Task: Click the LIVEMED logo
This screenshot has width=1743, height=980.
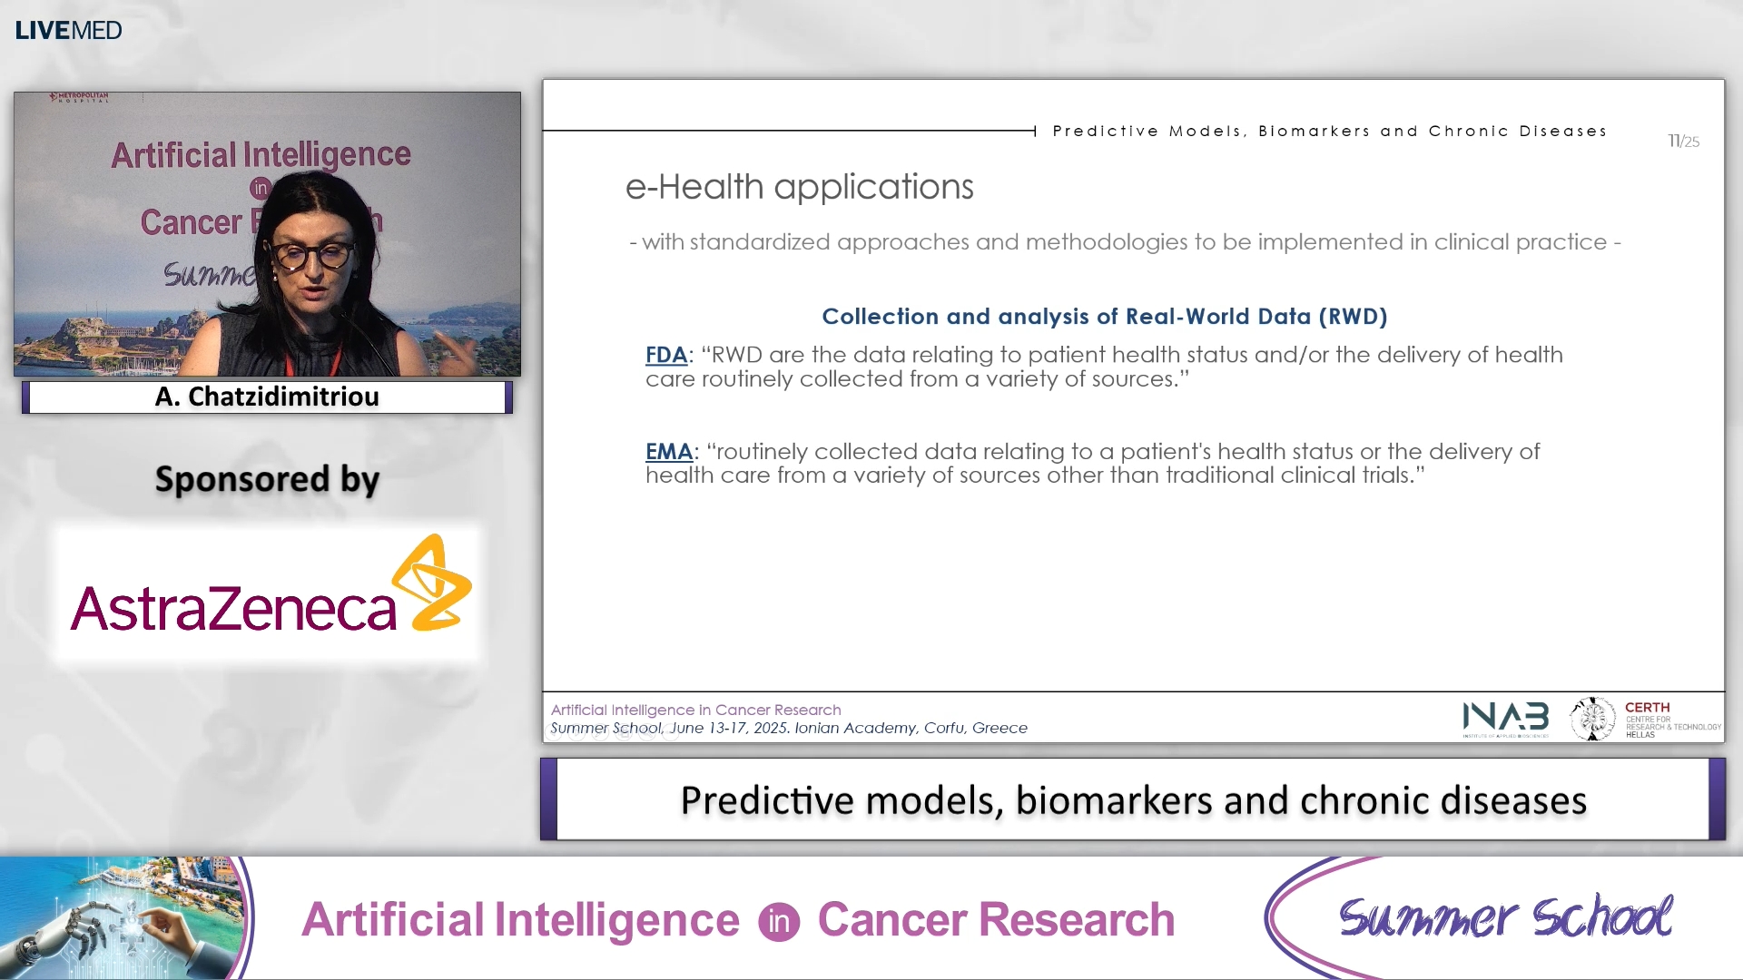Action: coord(68,30)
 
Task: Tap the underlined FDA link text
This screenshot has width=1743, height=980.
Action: coord(665,355)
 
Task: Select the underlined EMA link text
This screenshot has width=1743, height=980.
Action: coord(668,451)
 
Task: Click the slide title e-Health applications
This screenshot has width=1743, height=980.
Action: coord(799,187)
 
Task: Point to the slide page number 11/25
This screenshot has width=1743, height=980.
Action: coord(1683,141)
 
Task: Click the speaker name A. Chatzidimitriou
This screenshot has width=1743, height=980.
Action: coord(267,397)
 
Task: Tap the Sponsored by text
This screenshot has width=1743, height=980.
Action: coord(267,479)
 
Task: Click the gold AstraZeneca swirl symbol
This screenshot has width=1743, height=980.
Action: coord(432,583)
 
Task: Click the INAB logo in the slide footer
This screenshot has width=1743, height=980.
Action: coord(1505,718)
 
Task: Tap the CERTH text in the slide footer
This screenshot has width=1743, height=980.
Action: coord(1647,707)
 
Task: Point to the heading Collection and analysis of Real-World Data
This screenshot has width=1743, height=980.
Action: coord(1104,316)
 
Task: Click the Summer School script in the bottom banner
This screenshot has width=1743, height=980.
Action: coord(1505,916)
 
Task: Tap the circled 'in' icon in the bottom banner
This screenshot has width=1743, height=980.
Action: coord(779,922)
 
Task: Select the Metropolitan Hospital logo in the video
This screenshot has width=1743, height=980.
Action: coord(79,96)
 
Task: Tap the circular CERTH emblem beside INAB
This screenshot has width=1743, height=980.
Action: coord(1592,719)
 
